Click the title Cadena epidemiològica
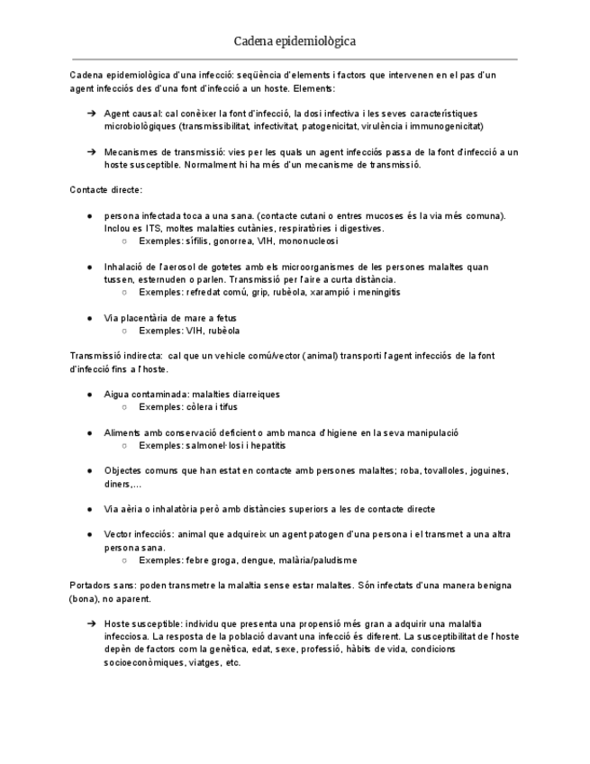295,41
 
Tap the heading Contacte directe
105,190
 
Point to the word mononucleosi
309,241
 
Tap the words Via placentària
134,318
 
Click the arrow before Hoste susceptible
91,623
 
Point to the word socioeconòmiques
141,662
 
